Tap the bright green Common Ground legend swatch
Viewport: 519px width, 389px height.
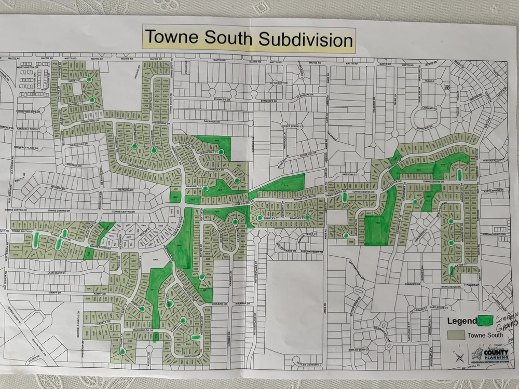click(485, 321)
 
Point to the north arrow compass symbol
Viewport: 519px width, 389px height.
click(457, 356)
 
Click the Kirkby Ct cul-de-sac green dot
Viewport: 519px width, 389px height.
click(89, 80)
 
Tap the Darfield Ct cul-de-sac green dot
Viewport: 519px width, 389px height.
click(92, 100)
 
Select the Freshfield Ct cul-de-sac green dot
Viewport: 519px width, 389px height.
click(221, 151)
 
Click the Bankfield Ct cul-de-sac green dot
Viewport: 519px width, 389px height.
click(205, 188)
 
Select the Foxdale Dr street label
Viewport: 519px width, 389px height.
click(102, 322)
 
